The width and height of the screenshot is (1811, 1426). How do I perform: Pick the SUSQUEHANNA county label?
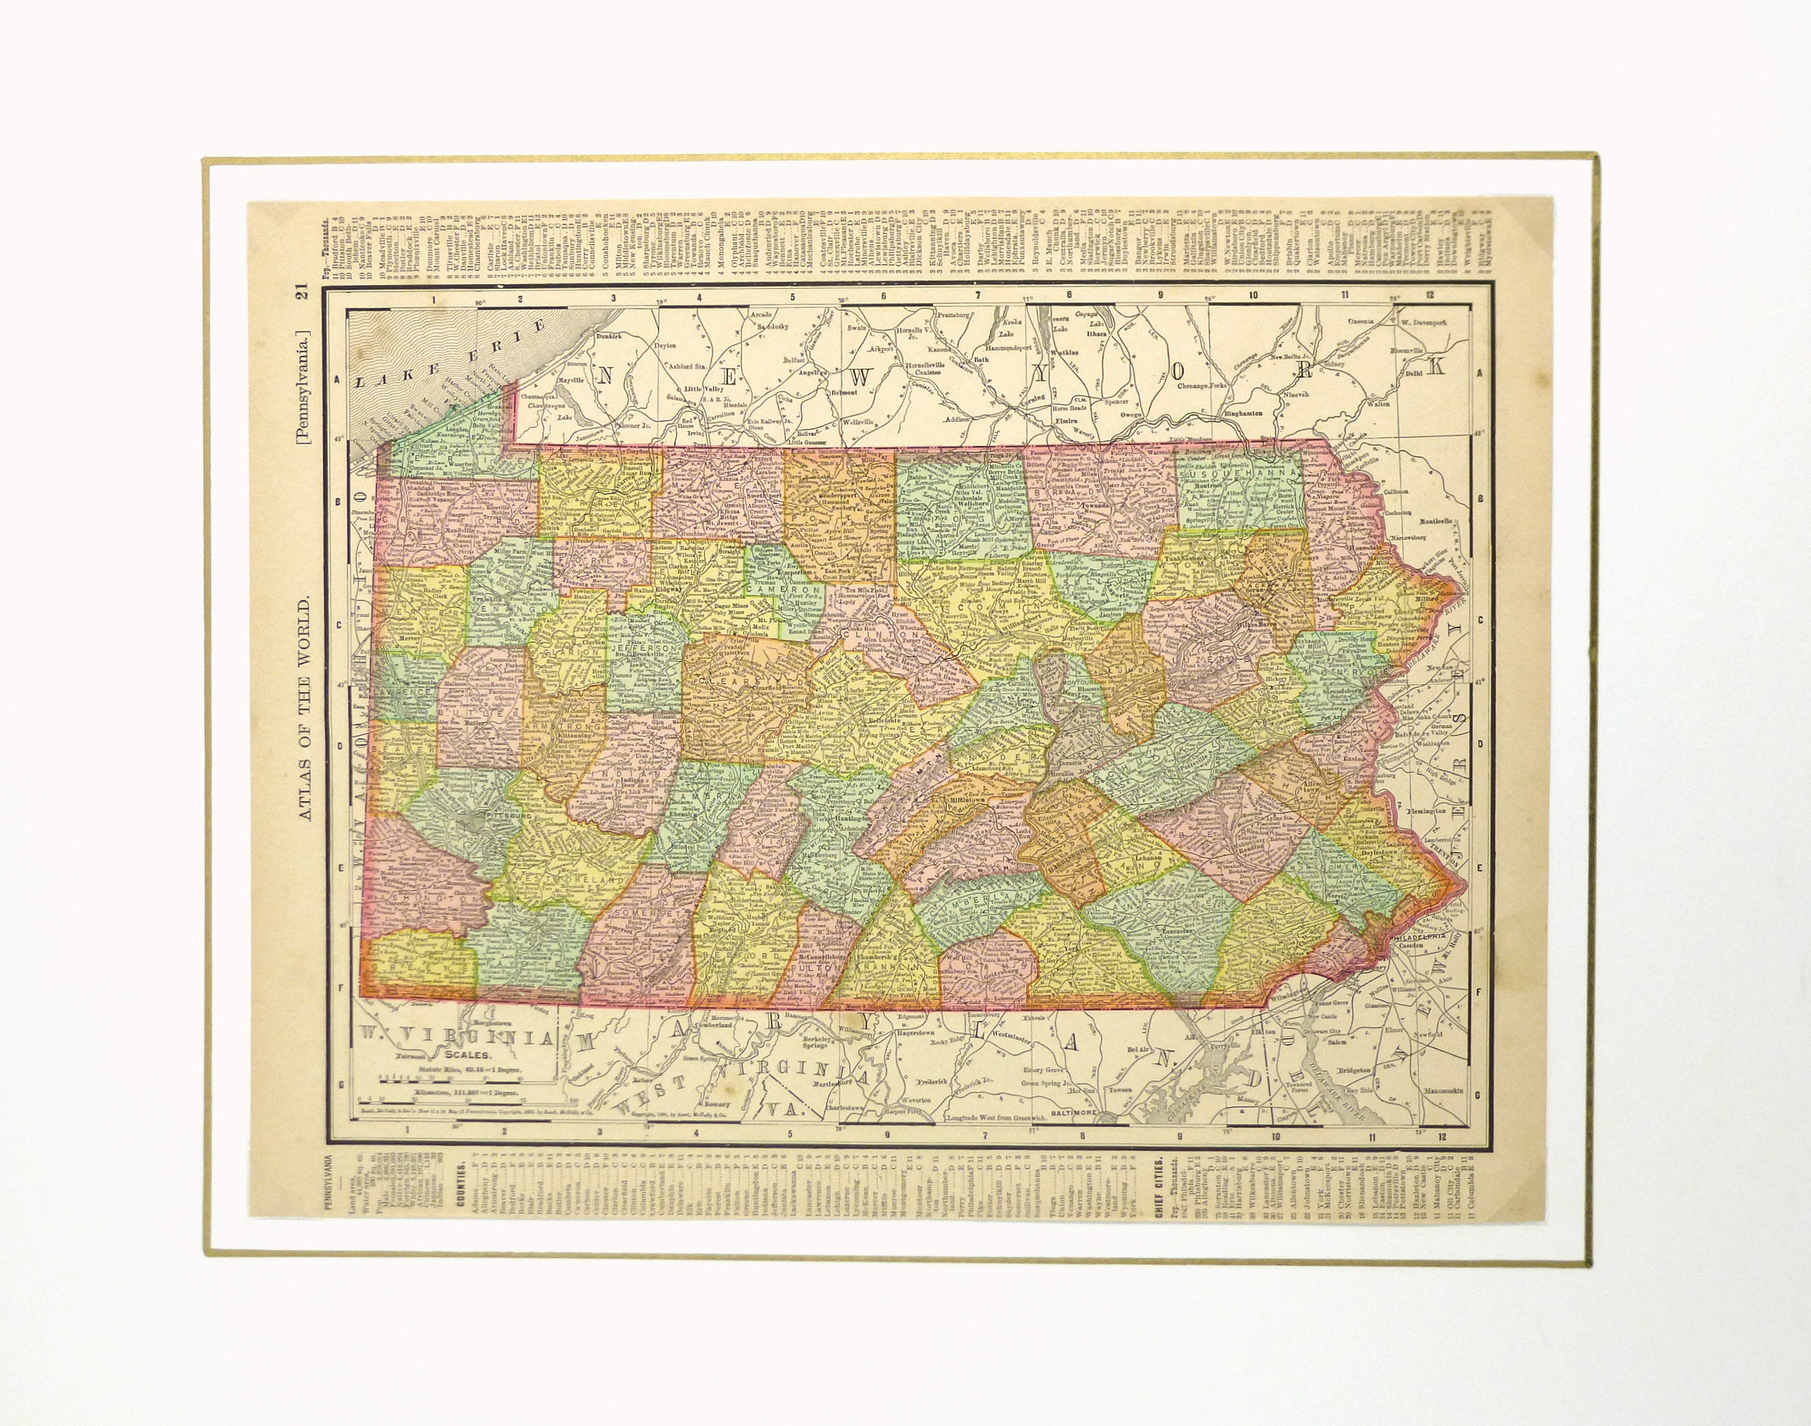pyautogui.click(x=1238, y=473)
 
